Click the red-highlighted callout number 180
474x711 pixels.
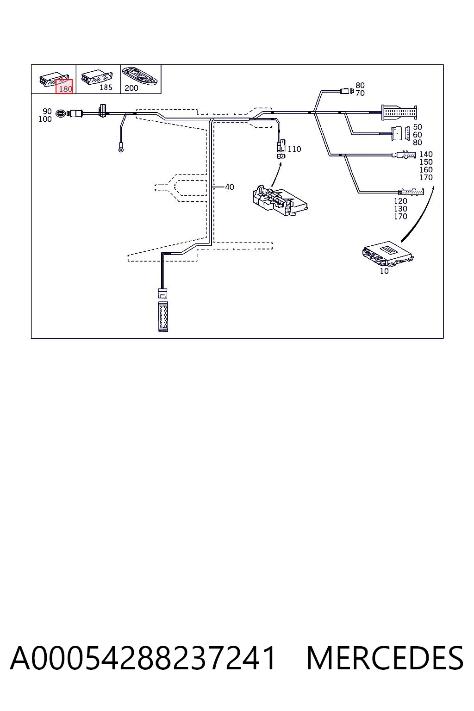point(66,89)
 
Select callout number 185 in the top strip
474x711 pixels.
point(106,87)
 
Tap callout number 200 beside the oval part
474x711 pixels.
point(131,88)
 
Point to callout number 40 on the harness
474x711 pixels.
point(230,187)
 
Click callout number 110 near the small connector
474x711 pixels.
point(294,149)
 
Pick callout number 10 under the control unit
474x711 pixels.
point(384,271)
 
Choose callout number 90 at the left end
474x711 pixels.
point(47,112)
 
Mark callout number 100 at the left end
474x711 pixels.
point(45,119)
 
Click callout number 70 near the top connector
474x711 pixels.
point(360,93)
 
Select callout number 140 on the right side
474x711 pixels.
point(426,154)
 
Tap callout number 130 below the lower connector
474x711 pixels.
point(400,209)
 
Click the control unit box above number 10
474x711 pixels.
point(387,254)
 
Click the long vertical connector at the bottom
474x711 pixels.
point(163,317)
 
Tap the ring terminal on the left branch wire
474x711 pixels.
point(121,149)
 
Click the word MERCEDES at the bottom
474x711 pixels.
point(385,658)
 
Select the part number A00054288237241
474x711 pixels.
point(143,658)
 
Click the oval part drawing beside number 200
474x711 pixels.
point(140,76)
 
